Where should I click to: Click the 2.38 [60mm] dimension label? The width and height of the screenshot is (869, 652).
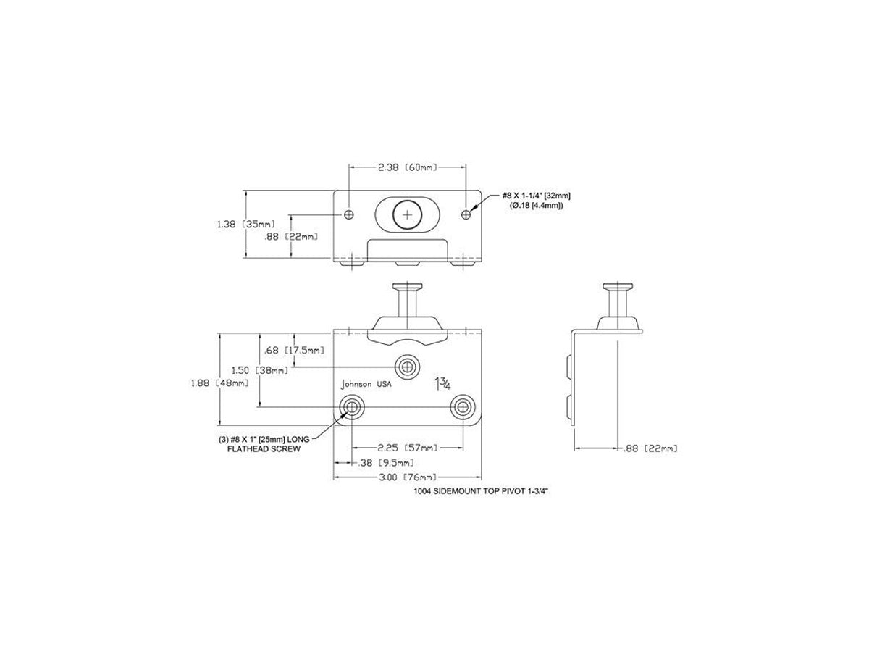[x=408, y=167]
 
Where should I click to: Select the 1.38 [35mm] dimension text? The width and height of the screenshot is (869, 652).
[x=245, y=224]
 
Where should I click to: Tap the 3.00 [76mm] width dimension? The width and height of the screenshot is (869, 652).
[x=408, y=477]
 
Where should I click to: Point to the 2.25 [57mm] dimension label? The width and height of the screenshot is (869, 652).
[x=408, y=448]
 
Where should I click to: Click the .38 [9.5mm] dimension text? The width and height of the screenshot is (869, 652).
[x=385, y=462]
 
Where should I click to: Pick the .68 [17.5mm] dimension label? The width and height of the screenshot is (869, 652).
[x=294, y=350]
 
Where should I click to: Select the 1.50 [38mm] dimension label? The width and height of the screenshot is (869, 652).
[x=260, y=370]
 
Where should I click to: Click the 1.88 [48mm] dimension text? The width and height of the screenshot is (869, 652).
[x=219, y=383]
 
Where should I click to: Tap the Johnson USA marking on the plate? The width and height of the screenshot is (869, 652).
[x=366, y=384]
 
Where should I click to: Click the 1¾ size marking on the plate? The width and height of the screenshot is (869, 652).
[x=442, y=384]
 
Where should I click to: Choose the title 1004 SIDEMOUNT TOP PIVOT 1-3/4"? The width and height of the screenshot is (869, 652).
[x=481, y=492]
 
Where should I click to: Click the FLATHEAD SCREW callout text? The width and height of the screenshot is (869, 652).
[x=264, y=449]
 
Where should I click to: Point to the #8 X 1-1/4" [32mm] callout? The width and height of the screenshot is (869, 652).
[x=537, y=196]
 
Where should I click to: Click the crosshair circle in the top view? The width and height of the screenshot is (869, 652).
[x=408, y=215]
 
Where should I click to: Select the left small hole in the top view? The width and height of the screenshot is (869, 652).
[x=349, y=214]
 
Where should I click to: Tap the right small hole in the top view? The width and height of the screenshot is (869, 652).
[x=466, y=214]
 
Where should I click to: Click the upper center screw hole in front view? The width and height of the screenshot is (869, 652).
[x=406, y=367]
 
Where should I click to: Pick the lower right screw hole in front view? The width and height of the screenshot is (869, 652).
[x=463, y=406]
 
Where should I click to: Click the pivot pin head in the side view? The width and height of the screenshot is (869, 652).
[x=617, y=286]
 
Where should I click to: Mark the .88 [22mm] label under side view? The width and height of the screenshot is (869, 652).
[x=650, y=448]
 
